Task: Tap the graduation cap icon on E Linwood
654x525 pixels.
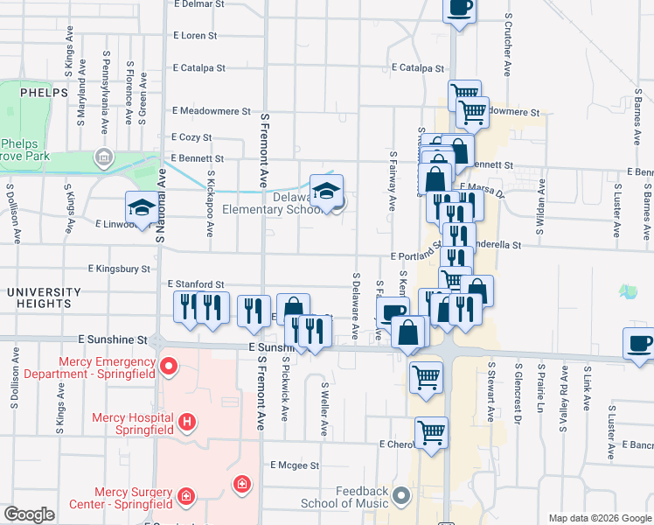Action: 141,207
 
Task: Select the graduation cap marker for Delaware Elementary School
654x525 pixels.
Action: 327,191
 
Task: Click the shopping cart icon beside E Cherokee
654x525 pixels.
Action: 432,431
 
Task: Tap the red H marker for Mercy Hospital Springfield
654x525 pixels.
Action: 185,423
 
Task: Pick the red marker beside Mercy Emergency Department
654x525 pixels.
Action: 167,367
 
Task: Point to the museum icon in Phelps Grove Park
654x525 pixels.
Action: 104,158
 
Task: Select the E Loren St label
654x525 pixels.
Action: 195,36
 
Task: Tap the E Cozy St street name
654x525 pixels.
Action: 193,137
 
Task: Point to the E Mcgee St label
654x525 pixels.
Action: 295,465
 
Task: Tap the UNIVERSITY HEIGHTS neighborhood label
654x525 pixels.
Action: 36,297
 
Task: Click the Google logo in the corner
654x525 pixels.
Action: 29,514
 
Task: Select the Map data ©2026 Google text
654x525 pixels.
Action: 599,518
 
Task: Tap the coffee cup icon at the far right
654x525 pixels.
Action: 639,343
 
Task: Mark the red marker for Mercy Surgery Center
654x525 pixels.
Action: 185,497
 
